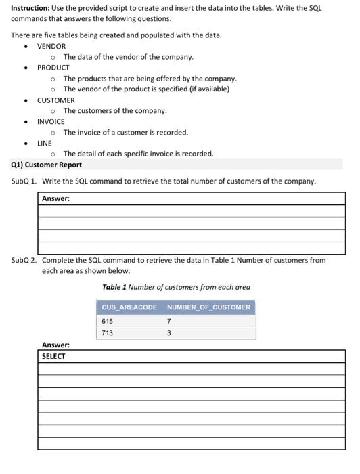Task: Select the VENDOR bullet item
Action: coord(51,46)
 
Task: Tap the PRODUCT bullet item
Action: coord(53,68)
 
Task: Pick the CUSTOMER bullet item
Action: coord(55,100)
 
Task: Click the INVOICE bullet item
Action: coord(51,121)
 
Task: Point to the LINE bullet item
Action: coord(44,143)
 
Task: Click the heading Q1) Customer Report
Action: coord(47,165)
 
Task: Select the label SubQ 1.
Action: coord(24,181)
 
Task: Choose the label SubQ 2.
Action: coord(24,260)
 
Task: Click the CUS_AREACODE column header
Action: coord(129,307)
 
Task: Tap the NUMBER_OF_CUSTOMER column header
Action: coord(208,307)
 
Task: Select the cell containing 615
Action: coord(107,321)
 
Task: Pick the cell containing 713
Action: coord(107,333)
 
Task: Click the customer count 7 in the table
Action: coord(168,321)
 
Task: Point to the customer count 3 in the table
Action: coord(168,333)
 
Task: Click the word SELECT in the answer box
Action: coord(53,356)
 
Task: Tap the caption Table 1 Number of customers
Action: coord(176,287)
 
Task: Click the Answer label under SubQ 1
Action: coord(55,198)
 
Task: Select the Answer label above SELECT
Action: coord(55,345)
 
